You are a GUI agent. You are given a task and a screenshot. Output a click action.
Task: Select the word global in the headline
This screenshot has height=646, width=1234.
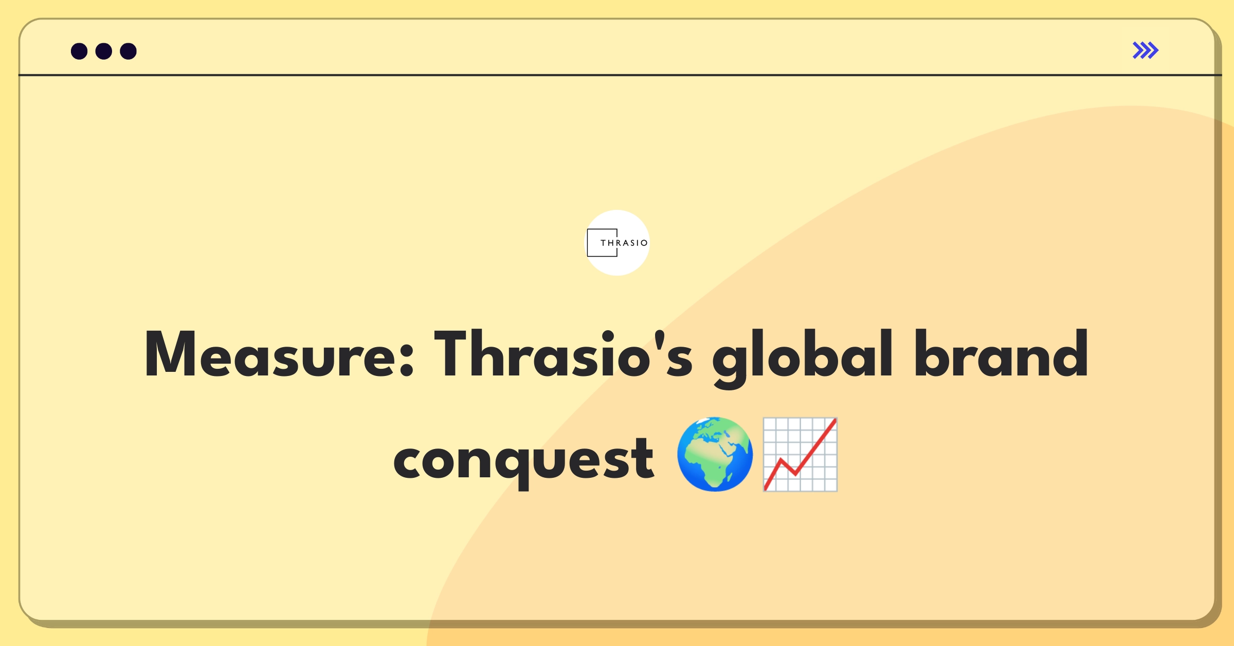tap(802, 357)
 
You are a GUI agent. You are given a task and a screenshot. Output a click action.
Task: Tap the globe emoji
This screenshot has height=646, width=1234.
tap(715, 454)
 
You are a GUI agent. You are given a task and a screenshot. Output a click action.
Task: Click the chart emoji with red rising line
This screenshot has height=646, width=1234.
tap(800, 454)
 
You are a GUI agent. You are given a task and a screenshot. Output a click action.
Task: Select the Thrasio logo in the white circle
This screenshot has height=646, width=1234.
tap(618, 243)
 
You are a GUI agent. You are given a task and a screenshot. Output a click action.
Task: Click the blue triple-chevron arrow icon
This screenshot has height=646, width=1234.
tap(1146, 50)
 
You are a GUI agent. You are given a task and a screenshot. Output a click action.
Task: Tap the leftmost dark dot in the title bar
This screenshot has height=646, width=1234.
tap(79, 51)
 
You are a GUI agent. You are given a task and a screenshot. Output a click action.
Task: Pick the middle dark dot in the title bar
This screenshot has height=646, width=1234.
tap(104, 51)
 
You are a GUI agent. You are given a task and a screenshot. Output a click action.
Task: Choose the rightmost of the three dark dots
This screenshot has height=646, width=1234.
tap(128, 51)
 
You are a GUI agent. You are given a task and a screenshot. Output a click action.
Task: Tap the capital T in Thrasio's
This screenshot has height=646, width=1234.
tap(456, 354)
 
